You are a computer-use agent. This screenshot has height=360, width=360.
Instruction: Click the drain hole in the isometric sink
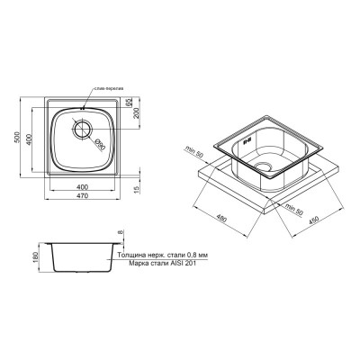pos(264,168)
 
